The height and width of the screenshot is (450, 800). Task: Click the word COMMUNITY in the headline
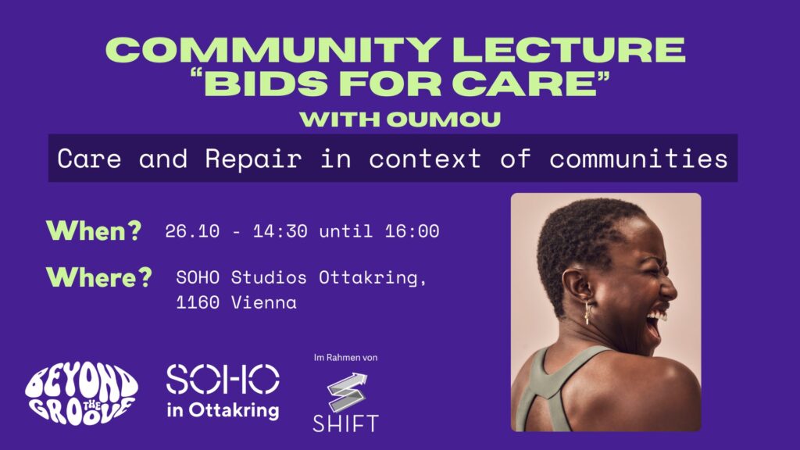point(273,49)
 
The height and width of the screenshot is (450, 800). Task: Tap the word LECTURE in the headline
point(569,49)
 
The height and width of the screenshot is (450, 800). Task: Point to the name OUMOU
point(444,120)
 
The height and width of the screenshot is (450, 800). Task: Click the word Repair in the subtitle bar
point(253,159)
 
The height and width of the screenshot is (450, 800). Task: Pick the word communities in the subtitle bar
point(638,159)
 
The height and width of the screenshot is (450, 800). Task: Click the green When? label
point(94,230)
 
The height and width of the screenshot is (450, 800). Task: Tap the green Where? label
point(99,277)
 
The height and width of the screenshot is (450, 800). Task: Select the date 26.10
point(192,231)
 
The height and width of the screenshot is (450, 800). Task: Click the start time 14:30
point(280,231)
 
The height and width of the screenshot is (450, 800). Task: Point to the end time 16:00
point(412,231)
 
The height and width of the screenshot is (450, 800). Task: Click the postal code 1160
point(198,302)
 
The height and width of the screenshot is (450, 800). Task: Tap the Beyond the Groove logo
point(81,394)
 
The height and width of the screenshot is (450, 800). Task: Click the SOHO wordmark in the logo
point(223,379)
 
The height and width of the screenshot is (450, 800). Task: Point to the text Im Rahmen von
point(345,358)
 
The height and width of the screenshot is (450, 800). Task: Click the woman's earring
point(587,312)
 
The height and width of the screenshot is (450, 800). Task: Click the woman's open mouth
point(654,323)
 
